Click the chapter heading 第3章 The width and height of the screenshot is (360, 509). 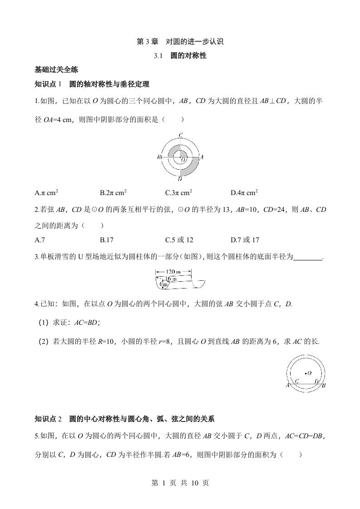click(x=148, y=42)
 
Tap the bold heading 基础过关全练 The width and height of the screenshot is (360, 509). click(x=56, y=70)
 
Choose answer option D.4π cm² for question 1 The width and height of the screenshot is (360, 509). click(x=244, y=193)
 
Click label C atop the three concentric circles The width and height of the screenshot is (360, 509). click(x=180, y=135)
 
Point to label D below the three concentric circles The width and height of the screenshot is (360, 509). click(x=180, y=180)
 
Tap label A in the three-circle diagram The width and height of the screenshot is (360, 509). click(x=202, y=157)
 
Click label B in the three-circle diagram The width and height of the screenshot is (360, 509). click(x=159, y=157)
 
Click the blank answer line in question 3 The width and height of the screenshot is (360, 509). click(x=307, y=257)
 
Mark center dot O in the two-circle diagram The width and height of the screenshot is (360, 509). click(x=306, y=374)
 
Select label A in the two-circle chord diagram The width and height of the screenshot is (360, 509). click(x=288, y=386)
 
